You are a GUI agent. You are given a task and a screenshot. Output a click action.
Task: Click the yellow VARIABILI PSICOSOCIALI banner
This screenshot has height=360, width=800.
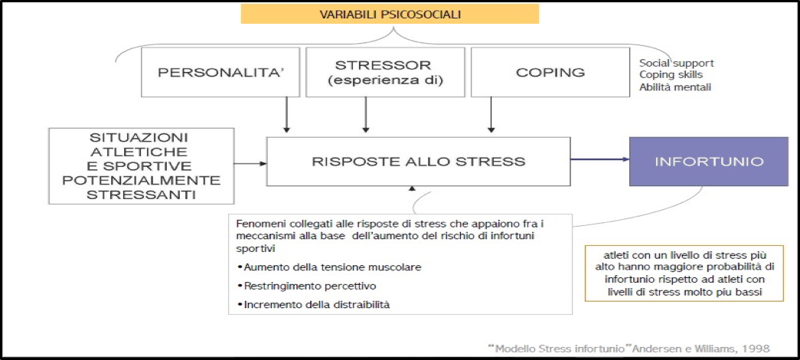click(x=390, y=14)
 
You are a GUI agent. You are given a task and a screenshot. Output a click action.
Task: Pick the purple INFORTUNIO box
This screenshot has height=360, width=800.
click(x=709, y=162)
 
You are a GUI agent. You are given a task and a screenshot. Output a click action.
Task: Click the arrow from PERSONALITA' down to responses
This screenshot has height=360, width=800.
click(x=287, y=115)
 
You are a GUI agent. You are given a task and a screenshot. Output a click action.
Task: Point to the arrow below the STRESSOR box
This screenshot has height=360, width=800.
click(x=366, y=115)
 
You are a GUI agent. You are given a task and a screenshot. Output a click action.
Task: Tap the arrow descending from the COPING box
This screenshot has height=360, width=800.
click(x=491, y=115)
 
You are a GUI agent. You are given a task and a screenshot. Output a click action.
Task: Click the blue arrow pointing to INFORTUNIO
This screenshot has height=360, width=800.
click(x=600, y=159)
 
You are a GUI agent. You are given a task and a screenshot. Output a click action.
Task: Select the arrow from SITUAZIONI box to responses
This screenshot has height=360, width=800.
click(x=250, y=164)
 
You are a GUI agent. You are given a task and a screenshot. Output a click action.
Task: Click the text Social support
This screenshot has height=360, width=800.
click(x=677, y=64)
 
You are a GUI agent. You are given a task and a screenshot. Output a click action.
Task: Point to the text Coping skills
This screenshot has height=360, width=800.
click(x=671, y=75)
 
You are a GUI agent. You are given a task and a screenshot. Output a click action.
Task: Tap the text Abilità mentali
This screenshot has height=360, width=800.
click(x=675, y=87)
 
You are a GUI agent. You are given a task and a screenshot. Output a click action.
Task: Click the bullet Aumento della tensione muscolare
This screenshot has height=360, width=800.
click(x=330, y=267)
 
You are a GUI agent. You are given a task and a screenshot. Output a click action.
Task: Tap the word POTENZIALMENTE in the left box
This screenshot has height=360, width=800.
click(x=142, y=181)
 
